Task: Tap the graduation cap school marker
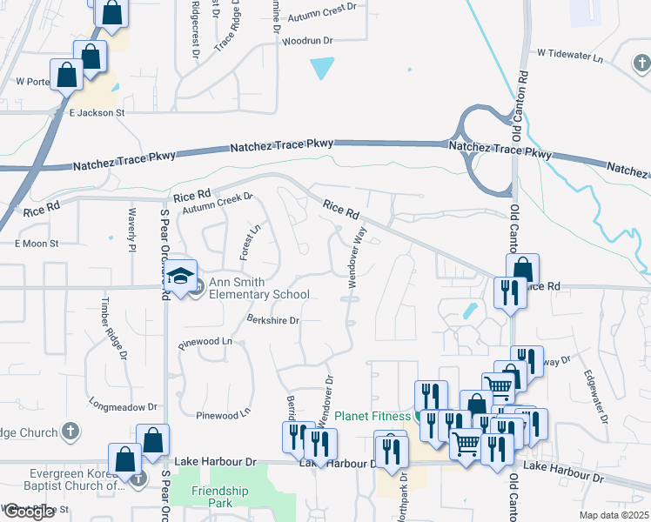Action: click(x=181, y=276)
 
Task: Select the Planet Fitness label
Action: click(x=372, y=415)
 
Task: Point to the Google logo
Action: click(x=29, y=512)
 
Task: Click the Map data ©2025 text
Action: click(x=614, y=515)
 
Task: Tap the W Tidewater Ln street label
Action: click(x=569, y=53)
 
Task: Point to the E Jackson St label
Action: click(x=97, y=112)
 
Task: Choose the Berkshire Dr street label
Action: click(x=272, y=320)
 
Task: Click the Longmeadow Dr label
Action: click(x=124, y=405)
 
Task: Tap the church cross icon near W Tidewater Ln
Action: click(x=640, y=63)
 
